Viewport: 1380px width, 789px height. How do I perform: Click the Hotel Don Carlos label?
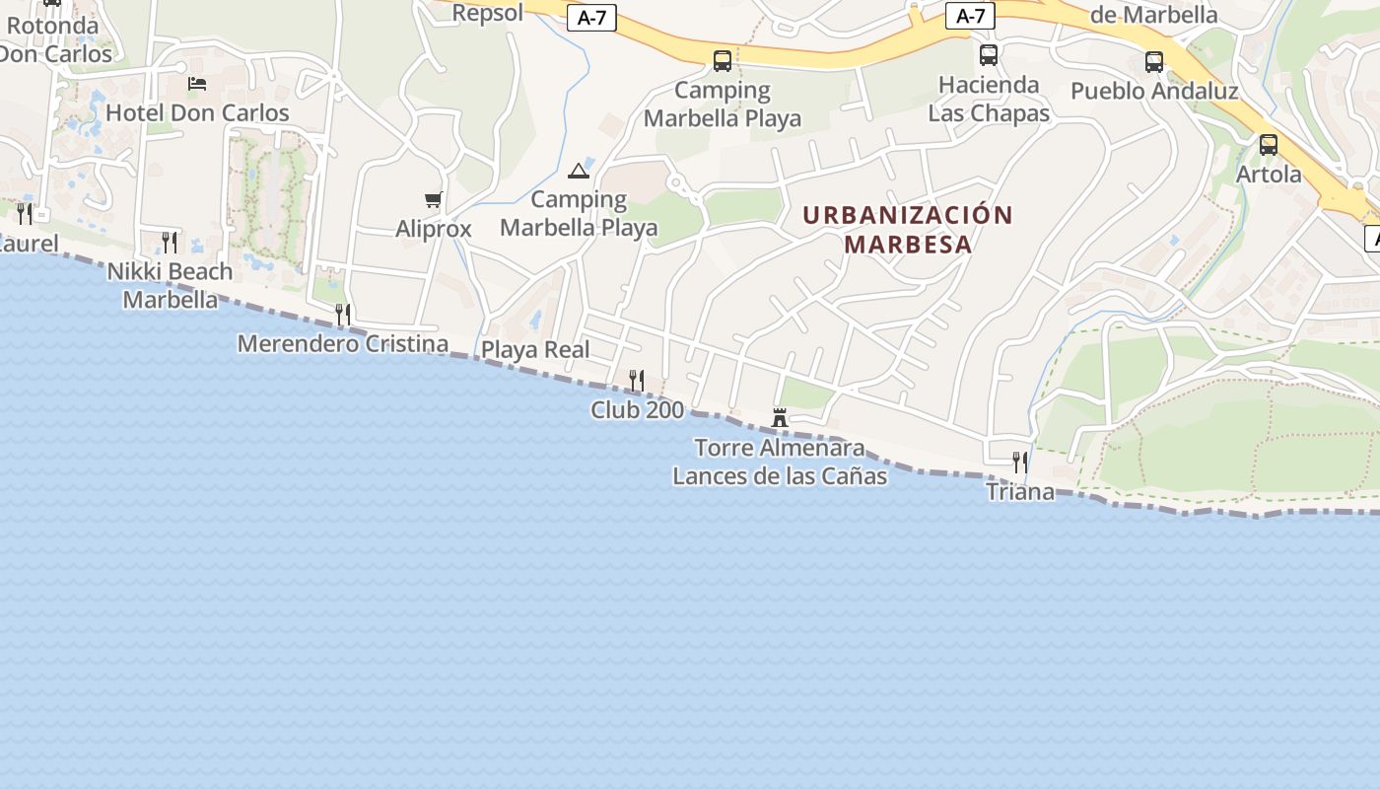click(x=197, y=112)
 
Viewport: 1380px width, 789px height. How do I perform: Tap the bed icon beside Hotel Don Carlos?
click(x=197, y=84)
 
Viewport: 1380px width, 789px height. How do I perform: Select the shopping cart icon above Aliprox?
click(x=433, y=200)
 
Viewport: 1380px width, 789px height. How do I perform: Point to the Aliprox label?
click(x=433, y=229)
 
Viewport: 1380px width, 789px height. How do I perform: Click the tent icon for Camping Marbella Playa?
click(x=579, y=171)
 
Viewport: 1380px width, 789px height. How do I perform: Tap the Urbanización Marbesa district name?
click(x=908, y=230)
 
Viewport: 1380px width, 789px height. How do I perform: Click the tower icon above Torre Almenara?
click(x=780, y=418)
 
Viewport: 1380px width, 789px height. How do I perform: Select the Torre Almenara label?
click(x=780, y=448)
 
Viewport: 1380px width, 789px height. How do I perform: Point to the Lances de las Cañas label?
click(x=780, y=476)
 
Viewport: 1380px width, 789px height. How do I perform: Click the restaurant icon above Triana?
click(x=1020, y=462)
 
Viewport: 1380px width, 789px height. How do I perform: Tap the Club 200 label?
click(x=637, y=409)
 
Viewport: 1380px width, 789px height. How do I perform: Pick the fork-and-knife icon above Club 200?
click(x=637, y=380)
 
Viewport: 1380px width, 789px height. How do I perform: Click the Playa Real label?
click(x=535, y=349)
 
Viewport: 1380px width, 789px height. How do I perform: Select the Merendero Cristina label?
click(x=343, y=343)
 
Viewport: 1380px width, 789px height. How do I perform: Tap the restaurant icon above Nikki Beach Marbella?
click(x=170, y=242)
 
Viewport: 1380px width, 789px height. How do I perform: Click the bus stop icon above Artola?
click(x=1269, y=145)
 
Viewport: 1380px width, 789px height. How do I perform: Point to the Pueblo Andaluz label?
click(x=1154, y=91)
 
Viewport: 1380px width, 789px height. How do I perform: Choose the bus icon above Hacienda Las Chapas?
click(x=989, y=55)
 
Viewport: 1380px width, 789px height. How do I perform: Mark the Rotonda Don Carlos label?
click(x=54, y=39)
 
